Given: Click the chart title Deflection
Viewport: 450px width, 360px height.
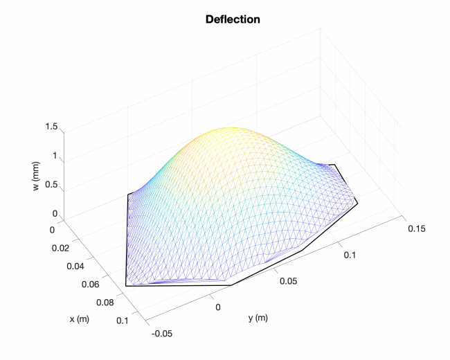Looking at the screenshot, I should [x=233, y=19].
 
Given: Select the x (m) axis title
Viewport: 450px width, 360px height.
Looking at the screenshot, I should [x=80, y=319].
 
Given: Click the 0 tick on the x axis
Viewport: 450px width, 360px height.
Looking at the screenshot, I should [x=53, y=228].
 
